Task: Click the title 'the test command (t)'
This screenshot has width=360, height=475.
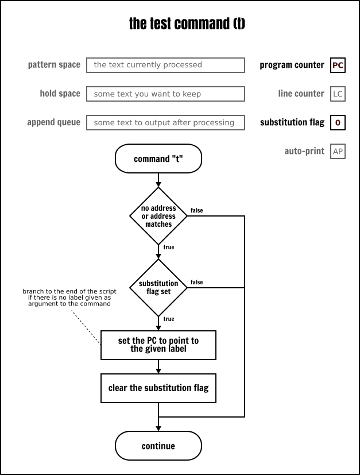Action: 187,24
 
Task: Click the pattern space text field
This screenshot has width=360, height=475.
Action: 165,65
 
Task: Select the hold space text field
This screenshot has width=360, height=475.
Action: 165,94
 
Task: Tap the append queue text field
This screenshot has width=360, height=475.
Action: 165,122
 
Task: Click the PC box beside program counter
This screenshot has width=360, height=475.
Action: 338,65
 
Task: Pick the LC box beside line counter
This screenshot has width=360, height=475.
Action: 338,94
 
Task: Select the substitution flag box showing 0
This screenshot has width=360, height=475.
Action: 338,122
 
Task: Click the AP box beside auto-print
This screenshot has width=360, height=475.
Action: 338,152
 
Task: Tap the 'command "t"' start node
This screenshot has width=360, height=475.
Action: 158,159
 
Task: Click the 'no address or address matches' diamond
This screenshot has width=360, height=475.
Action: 158,217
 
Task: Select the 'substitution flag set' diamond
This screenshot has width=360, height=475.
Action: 158,287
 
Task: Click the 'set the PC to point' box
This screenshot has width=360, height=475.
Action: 158,345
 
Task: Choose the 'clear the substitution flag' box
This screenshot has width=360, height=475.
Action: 158,388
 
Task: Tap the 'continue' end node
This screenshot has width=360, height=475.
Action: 158,446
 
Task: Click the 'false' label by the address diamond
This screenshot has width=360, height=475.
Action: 196,211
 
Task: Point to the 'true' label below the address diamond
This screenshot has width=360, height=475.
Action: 169,248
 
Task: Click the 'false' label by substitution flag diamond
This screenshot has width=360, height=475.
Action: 196,283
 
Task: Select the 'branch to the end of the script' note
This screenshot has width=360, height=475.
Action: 69,298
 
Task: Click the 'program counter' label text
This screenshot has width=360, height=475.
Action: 292,65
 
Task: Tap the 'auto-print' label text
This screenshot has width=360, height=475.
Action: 304,152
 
